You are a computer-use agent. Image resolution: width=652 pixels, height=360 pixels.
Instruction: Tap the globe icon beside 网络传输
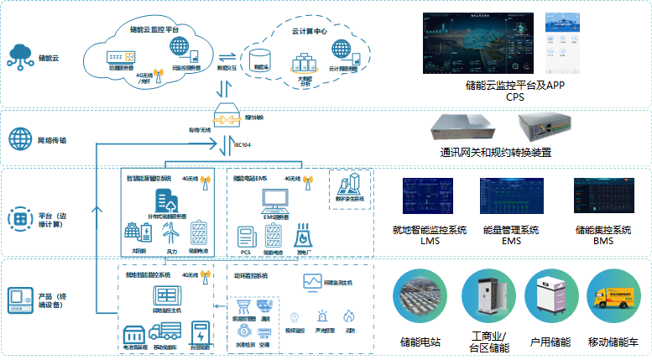point(18,138)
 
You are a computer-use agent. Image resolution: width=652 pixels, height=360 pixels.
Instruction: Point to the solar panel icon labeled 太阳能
point(136,233)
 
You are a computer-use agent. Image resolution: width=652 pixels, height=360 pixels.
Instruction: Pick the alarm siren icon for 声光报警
point(322,317)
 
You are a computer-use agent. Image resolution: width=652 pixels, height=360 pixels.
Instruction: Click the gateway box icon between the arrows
point(227,119)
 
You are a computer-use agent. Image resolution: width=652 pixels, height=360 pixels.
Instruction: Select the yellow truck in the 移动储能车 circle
point(616,300)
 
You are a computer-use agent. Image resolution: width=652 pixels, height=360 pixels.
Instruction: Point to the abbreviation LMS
point(430,241)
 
